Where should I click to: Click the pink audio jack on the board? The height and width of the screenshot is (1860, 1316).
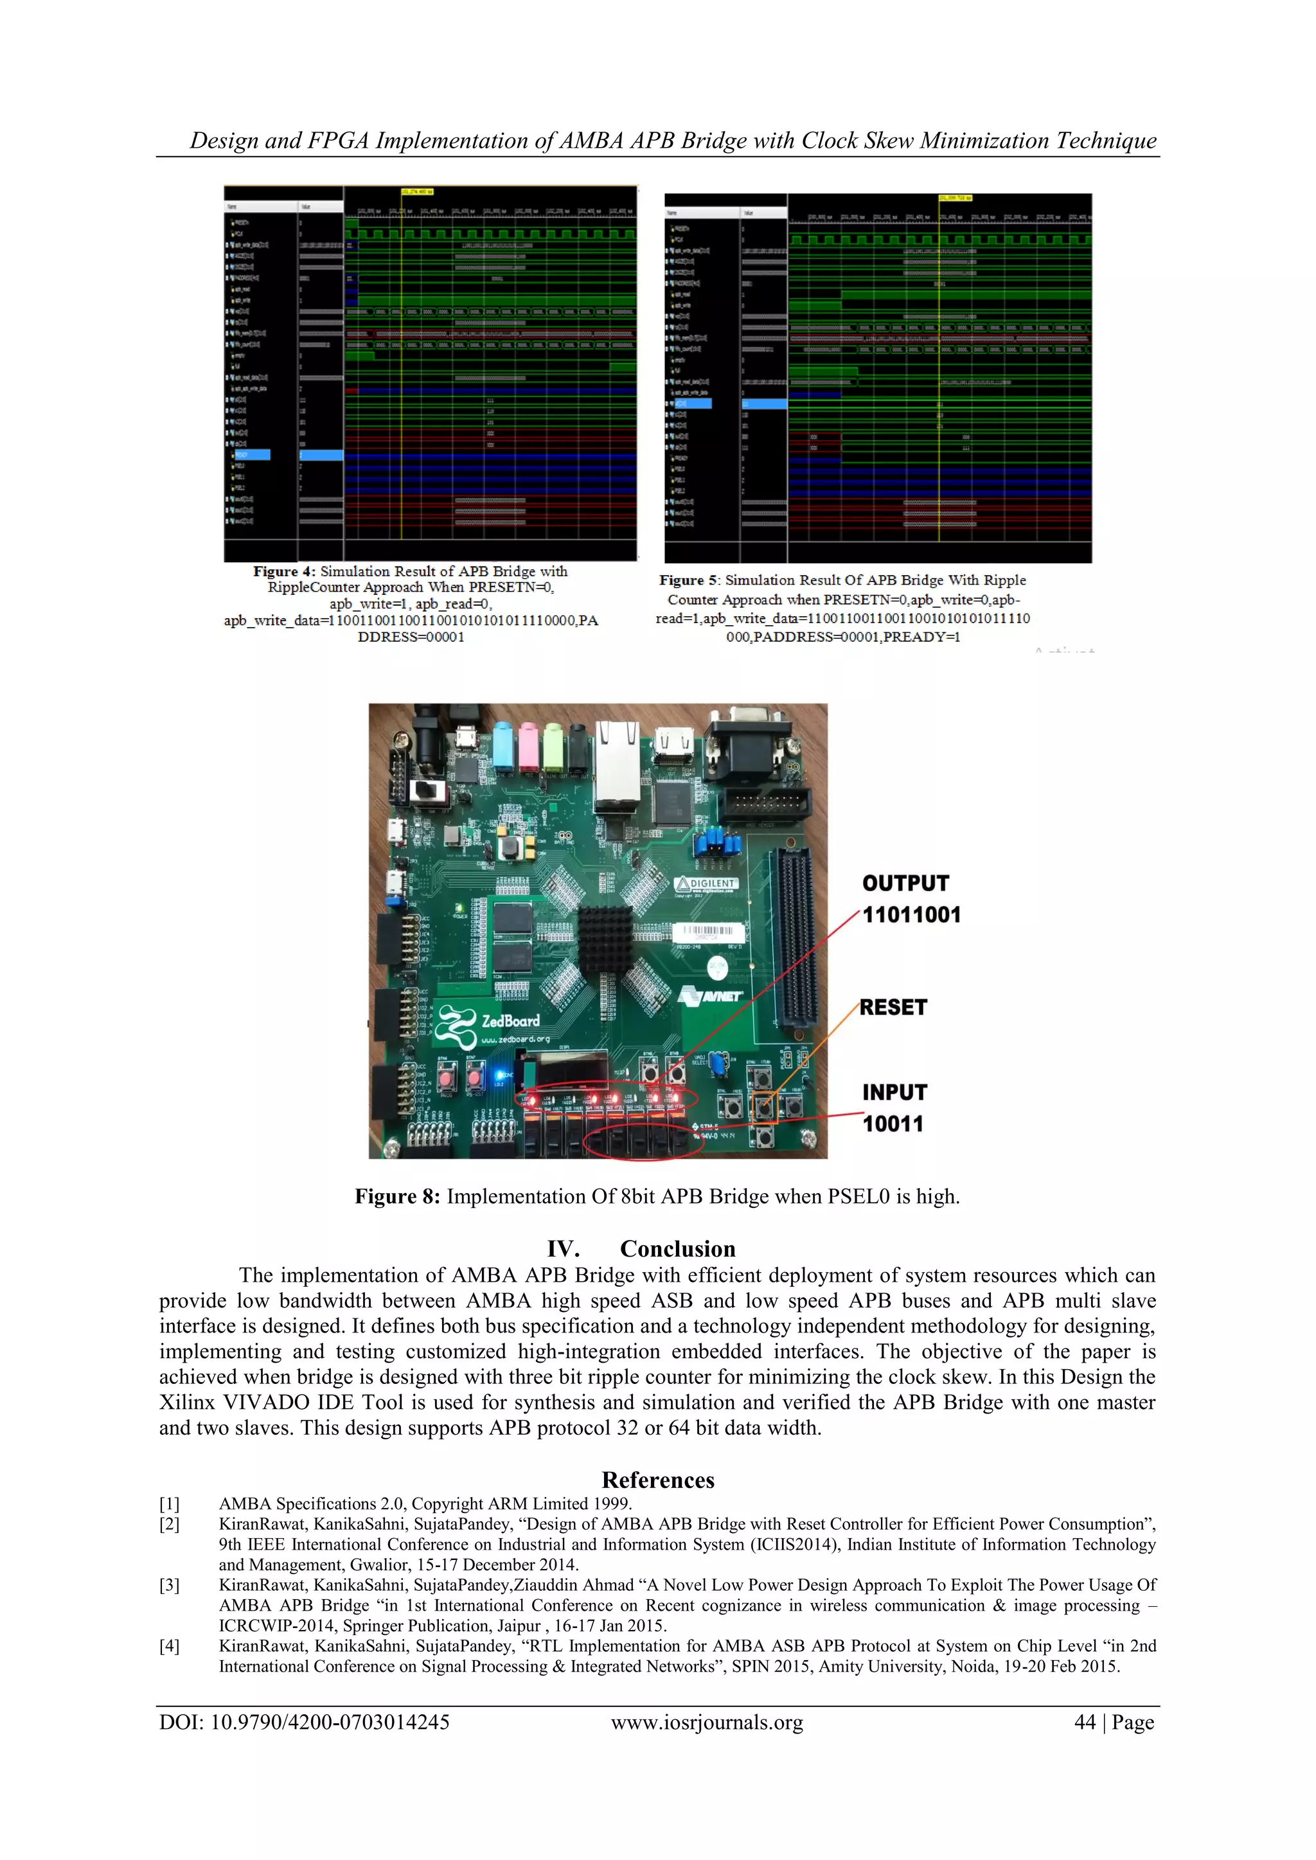[529, 746]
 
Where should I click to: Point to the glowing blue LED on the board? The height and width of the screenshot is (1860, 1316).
[499, 1075]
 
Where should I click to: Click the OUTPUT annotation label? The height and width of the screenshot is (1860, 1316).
[905, 883]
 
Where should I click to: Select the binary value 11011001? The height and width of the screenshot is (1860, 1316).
[911, 915]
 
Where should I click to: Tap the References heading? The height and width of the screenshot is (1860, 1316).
[658, 1480]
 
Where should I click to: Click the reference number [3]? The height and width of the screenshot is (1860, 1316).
[170, 1586]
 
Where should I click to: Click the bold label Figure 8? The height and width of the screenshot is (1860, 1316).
[397, 1196]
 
